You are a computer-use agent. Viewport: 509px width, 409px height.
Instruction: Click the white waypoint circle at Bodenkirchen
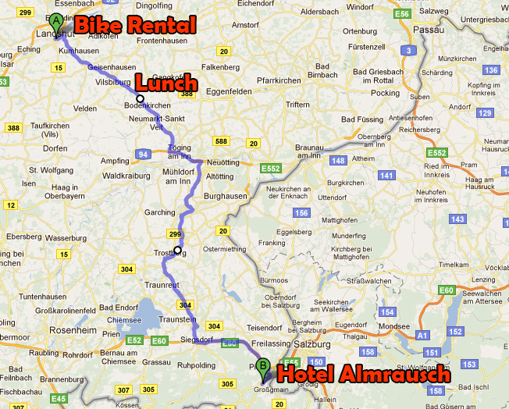[140, 98]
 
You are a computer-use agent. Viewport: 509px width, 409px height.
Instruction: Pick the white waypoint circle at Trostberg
[178, 250]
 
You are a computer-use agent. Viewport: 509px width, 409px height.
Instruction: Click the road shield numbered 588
[222, 141]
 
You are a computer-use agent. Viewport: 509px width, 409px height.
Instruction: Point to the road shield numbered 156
[301, 213]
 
